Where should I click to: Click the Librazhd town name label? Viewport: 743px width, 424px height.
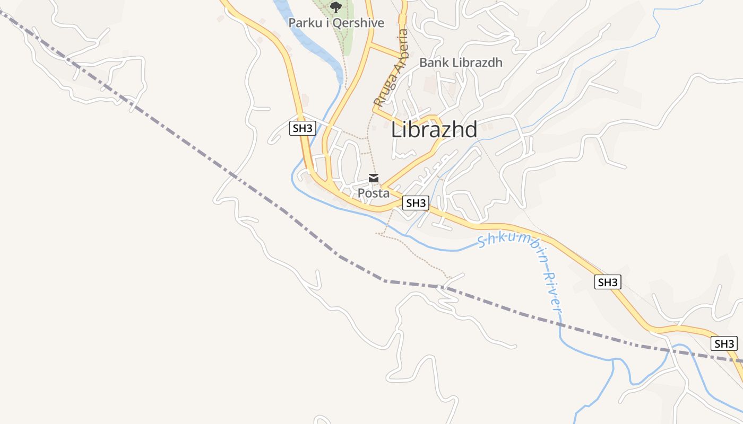click(x=434, y=129)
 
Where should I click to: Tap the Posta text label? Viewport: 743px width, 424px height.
click(x=373, y=193)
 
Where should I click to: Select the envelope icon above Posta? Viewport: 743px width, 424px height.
click(x=374, y=178)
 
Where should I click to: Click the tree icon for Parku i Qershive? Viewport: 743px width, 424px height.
click(x=335, y=7)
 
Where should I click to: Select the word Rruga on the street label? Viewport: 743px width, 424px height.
click(x=383, y=91)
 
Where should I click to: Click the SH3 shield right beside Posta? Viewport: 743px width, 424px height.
click(x=415, y=202)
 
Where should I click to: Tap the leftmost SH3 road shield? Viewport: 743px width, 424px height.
click(x=303, y=128)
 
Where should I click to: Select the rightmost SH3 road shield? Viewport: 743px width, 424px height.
click(x=724, y=343)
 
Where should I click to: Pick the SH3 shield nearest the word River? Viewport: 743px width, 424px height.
click(x=608, y=282)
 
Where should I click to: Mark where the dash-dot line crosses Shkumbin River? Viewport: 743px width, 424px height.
click(x=560, y=323)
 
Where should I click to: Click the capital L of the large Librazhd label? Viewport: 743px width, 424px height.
click(x=395, y=130)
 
